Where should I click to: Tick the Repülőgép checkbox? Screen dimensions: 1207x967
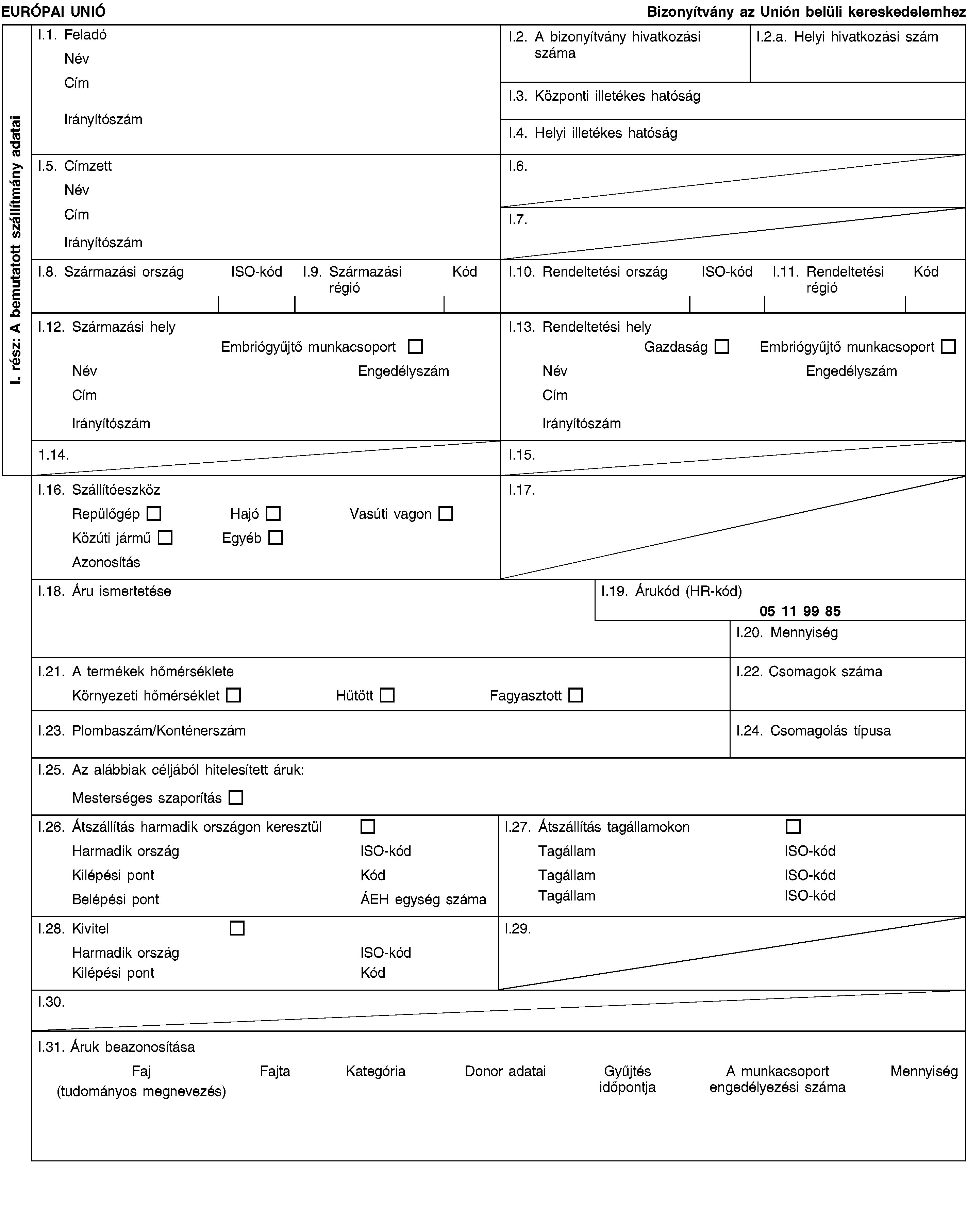tap(154, 513)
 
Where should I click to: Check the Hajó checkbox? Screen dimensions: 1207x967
tap(273, 513)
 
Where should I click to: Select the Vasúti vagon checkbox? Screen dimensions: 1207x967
tap(446, 513)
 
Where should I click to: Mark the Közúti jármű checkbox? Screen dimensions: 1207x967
tap(165, 538)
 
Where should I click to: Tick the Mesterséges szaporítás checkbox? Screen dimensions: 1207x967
tap(236, 798)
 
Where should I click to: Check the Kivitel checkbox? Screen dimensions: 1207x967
tap(237, 928)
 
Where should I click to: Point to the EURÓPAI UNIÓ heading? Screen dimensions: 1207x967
tap(53, 11)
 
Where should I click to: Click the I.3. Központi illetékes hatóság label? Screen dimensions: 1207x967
tap(604, 96)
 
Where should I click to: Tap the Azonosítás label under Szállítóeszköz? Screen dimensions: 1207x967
tap(106, 562)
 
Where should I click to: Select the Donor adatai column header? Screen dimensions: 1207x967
tap(505, 1071)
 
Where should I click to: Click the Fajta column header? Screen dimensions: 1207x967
tap(275, 1071)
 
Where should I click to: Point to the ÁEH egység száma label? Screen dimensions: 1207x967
tap(423, 899)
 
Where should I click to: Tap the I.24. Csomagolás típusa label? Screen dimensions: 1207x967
tap(813, 731)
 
